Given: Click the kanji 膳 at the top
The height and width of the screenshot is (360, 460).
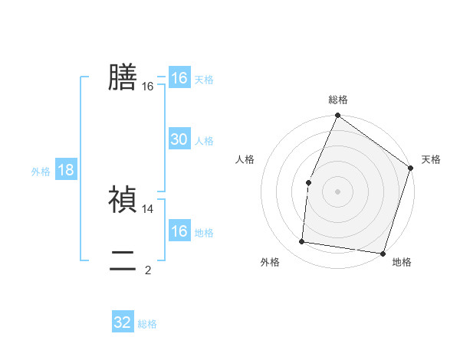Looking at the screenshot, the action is [123, 77].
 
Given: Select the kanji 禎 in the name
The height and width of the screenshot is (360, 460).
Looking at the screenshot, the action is [123, 199].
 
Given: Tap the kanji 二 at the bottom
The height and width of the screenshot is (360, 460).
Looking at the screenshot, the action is [123, 261].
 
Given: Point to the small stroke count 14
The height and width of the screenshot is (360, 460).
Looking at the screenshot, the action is [148, 208].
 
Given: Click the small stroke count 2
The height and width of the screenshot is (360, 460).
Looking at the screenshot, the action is [148, 270].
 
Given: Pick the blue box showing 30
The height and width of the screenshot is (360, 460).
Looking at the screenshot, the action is [179, 139].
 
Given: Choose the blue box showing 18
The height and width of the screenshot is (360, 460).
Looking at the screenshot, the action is [66, 170].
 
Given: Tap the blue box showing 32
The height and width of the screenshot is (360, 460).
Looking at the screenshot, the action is [123, 322].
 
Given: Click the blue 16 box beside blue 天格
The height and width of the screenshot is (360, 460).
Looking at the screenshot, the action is [179, 78].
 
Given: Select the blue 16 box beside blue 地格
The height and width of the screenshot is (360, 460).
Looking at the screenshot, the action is [179, 231].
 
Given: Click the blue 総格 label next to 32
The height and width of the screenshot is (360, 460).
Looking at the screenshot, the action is [147, 324].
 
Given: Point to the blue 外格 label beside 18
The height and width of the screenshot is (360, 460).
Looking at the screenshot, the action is [41, 172].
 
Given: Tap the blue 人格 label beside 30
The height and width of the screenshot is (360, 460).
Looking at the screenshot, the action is [204, 141].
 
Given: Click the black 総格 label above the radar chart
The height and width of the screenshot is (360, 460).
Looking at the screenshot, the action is [338, 100].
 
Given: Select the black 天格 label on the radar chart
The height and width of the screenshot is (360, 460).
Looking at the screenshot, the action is [431, 159].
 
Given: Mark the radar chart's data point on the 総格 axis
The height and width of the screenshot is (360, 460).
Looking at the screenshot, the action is [338, 116].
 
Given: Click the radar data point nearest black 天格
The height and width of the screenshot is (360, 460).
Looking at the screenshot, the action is [410, 168].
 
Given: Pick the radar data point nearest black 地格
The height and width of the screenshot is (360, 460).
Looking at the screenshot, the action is [383, 253].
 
